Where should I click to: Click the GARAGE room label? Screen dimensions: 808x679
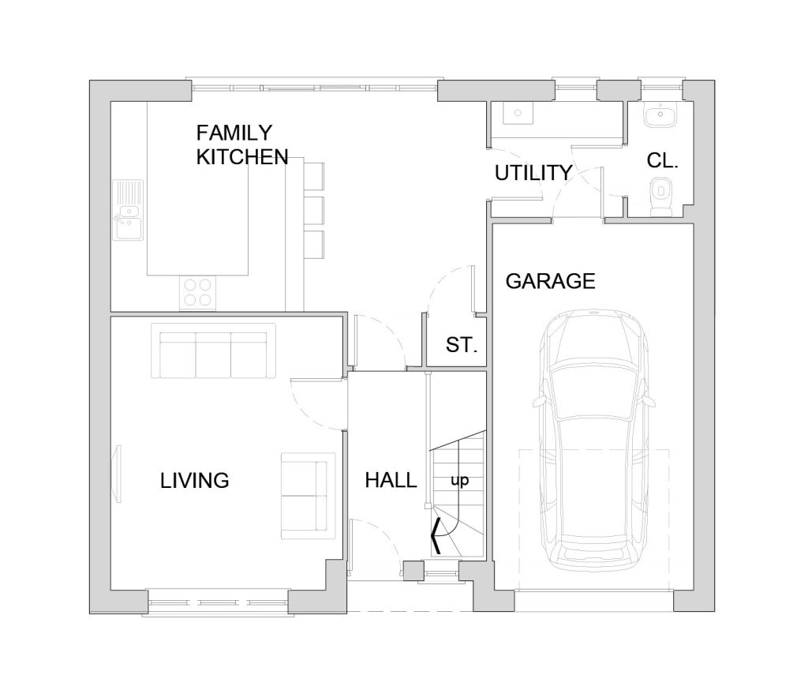[550, 282]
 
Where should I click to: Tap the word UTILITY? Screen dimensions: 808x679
[533, 173]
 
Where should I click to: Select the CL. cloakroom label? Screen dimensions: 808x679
[662, 161]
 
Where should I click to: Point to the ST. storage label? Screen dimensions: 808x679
[461, 345]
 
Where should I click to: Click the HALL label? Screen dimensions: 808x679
[391, 481]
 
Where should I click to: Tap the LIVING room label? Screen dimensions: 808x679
[194, 481]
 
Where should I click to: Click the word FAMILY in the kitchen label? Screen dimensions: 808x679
[234, 133]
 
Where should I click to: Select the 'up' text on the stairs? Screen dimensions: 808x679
[460, 481]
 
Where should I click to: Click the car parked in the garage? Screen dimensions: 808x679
[593, 440]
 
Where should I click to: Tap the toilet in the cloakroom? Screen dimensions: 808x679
[660, 196]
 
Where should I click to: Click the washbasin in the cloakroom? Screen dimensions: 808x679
[660, 114]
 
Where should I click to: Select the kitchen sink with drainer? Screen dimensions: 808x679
[128, 210]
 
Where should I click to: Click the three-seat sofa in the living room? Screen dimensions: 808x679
[213, 351]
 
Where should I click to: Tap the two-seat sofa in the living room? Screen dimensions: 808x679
[308, 496]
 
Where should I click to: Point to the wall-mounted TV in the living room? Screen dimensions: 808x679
[118, 474]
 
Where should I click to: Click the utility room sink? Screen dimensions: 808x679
[518, 113]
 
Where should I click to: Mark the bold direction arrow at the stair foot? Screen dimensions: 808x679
[436, 536]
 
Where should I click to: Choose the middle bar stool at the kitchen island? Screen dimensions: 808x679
[314, 211]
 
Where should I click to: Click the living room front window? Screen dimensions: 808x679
[217, 602]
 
